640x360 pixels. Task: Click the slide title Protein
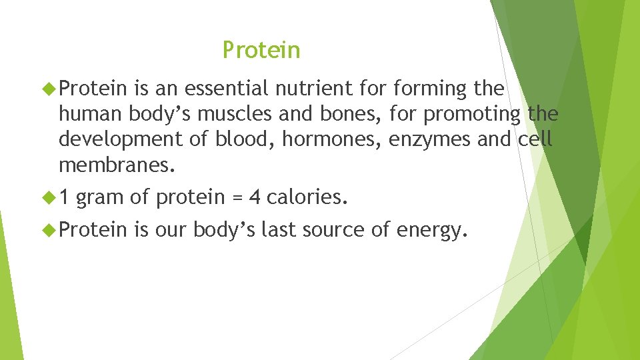(261, 50)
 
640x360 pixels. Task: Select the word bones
(343, 114)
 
